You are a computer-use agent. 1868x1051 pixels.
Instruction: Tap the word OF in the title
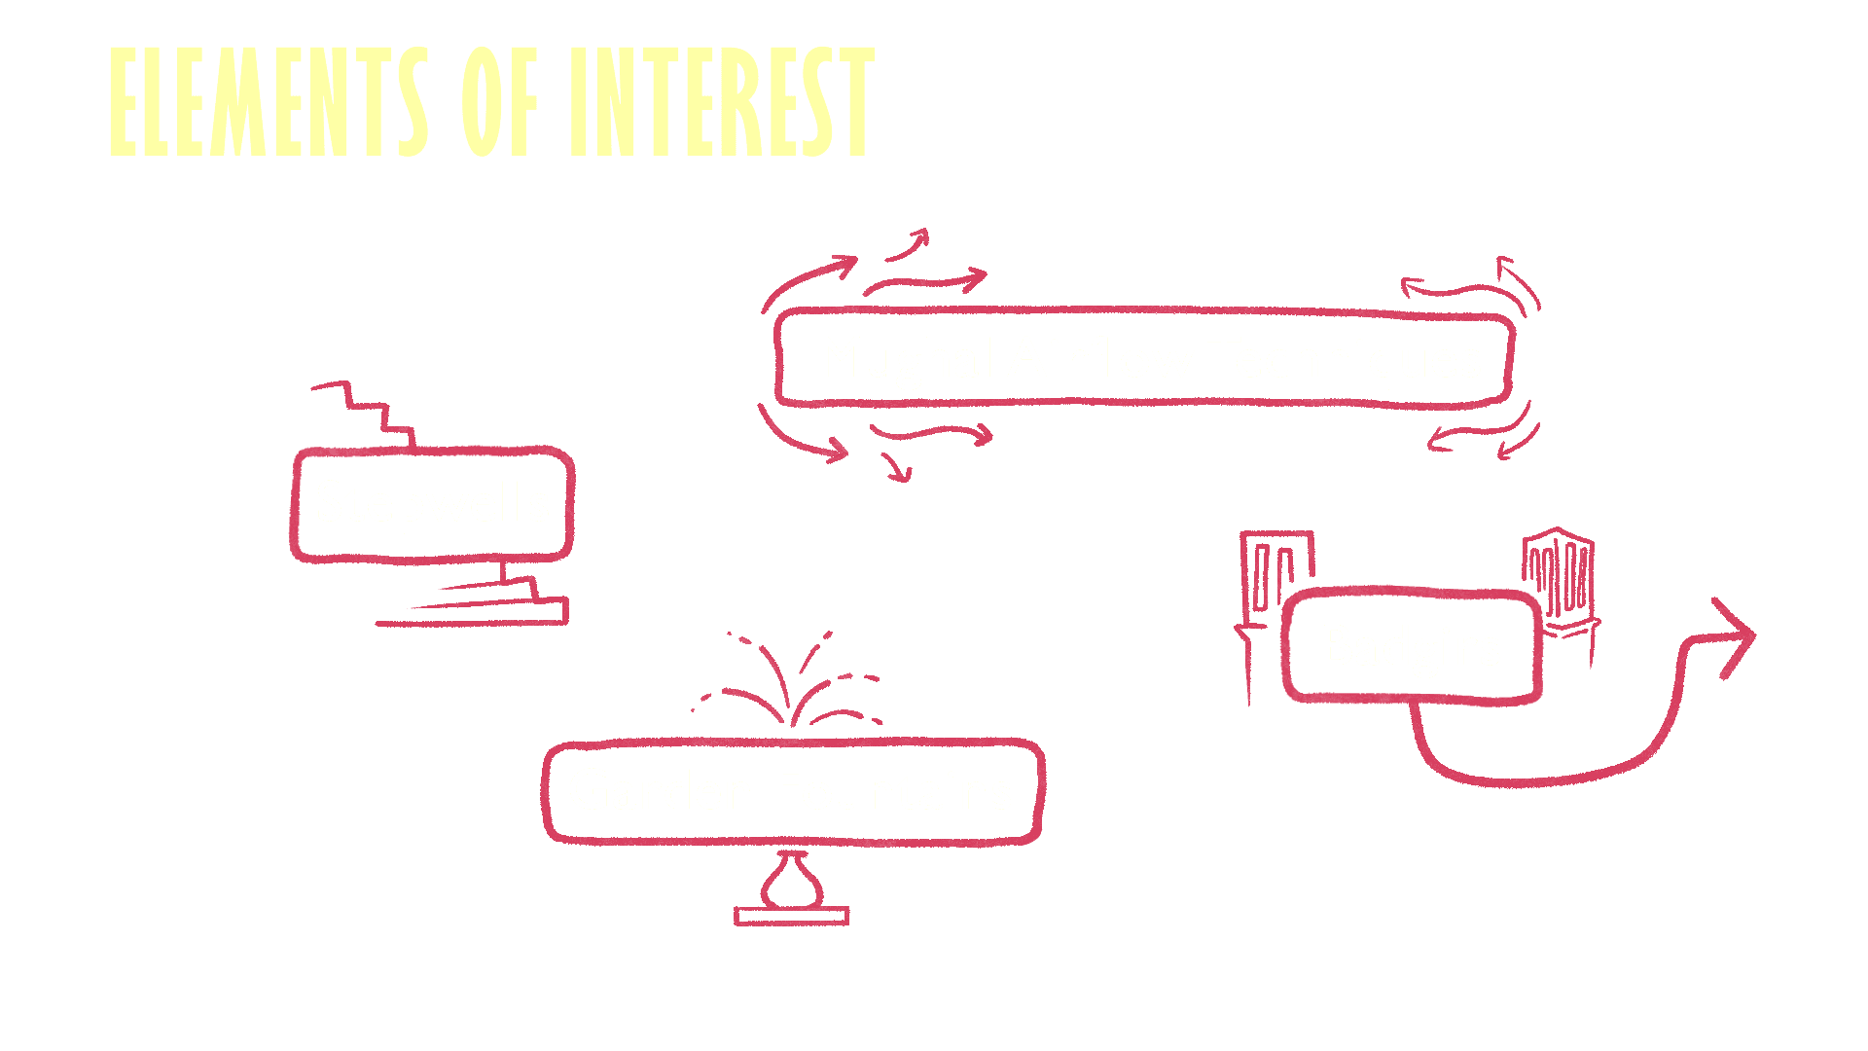point(499,102)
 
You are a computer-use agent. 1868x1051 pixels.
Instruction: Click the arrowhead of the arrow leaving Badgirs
point(1738,636)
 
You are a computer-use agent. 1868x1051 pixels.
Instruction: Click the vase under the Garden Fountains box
point(791,881)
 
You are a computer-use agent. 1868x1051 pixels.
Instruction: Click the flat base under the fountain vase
point(791,916)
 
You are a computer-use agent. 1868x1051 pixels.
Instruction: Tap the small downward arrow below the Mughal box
point(897,467)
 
